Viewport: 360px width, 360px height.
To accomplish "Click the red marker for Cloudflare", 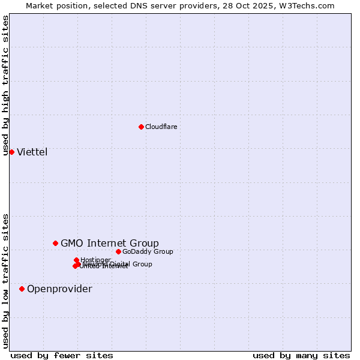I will coord(141,127).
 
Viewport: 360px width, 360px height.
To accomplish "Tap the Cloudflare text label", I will coord(161,127).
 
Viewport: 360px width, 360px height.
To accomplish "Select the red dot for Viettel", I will coord(11,152).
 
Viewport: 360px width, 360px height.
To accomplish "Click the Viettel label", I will coord(32,152).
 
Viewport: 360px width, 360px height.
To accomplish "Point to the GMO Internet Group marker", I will coord(55,243).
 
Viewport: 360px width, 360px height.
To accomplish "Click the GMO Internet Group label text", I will coord(110,243).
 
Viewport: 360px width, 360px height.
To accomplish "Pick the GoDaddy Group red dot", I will coord(118,251).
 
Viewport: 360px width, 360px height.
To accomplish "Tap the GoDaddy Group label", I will coord(148,251).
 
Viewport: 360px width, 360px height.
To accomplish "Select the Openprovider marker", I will coord(22,289).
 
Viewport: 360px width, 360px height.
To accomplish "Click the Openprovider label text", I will coord(59,289).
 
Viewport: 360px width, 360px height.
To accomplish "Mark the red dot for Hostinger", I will coord(76,260).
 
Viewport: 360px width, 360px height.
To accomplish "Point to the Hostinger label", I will coord(96,260).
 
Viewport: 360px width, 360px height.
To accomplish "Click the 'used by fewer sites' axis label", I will coord(62,355).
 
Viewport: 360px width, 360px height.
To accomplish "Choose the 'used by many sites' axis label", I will coord(301,355).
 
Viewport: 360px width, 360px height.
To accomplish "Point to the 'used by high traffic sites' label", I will coord(5,85).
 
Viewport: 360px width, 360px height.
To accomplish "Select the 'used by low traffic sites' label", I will coord(5,281).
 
